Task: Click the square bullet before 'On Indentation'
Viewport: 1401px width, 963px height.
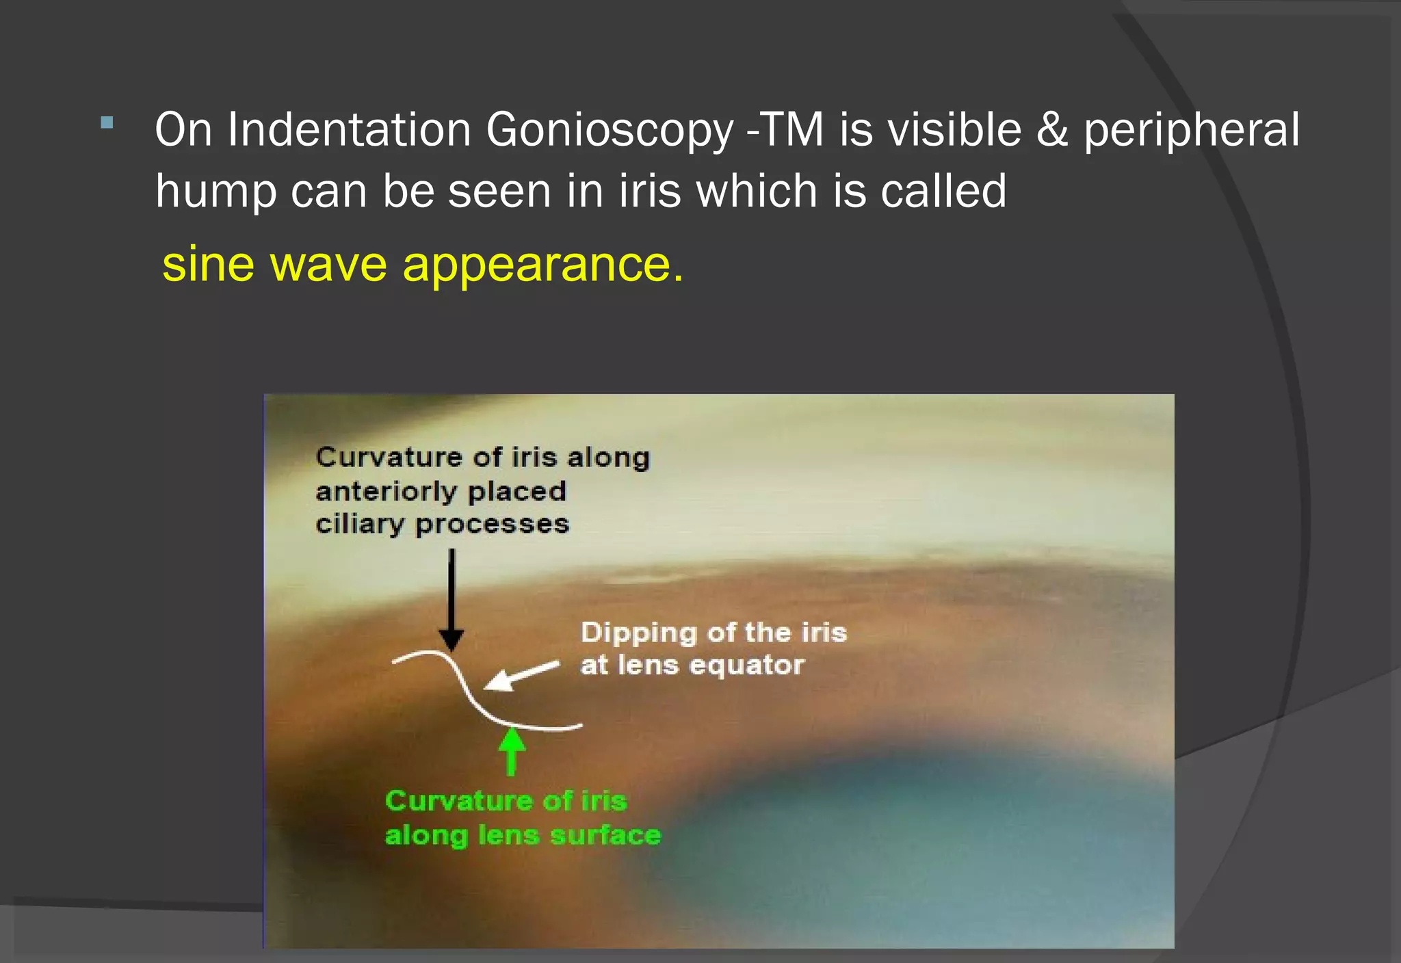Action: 106,124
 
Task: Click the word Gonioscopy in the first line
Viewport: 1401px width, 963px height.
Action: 609,130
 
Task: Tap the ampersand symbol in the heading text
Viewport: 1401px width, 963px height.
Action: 1053,130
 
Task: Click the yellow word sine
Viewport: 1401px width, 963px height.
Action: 208,264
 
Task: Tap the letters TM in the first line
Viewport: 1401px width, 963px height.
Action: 792,130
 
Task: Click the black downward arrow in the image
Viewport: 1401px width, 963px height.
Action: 451,602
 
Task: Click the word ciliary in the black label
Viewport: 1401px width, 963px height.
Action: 360,525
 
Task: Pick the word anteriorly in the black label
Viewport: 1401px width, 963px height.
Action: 387,491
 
